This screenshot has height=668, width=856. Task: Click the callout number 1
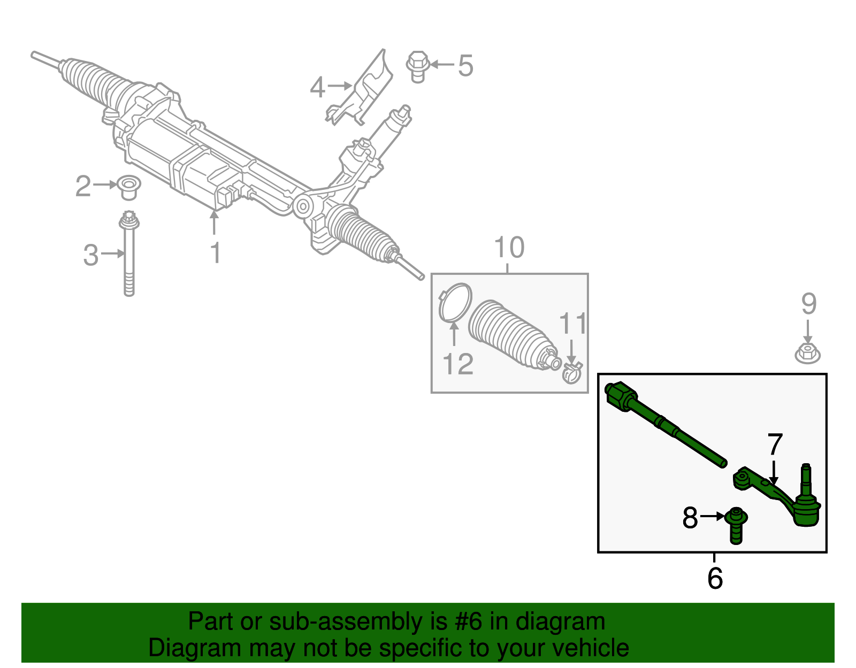click(215, 253)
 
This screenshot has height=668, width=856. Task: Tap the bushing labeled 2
click(128, 187)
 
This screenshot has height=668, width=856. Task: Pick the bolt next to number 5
click(418, 66)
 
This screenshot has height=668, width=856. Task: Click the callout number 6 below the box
click(715, 578)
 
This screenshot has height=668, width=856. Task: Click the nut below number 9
click(808, 354)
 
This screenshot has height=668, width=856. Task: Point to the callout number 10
click(509, 248)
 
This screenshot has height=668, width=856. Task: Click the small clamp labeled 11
click(572, 372)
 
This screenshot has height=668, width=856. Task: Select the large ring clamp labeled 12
click(455, 304)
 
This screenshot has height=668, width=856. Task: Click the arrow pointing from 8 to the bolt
click(712, 517)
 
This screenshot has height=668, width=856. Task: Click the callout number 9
click(808, 304)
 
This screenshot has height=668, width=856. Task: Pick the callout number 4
click(317, 87)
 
